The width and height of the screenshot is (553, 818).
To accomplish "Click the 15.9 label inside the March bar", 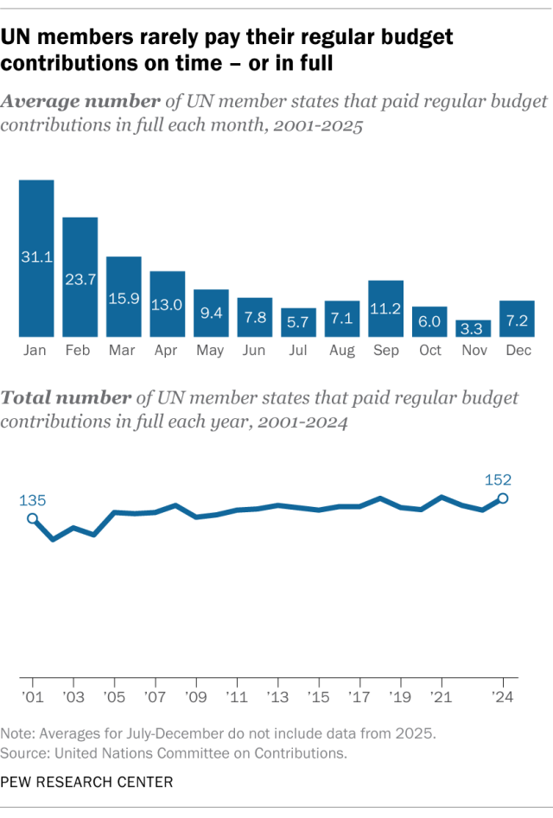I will pyautogui.click(x=124, y=297).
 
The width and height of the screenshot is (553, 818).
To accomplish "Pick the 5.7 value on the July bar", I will pyautogui.click(x=298, y=322).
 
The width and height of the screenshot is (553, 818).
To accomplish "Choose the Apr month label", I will pyautogui.click(x=168, y=351).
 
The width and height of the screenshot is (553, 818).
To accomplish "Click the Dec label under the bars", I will pyautogui.click(x=517, y=351).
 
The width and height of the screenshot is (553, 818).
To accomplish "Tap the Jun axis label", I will pyautogui.click(x=255, y=351).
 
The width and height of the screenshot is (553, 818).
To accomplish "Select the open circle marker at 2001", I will pyautogui.click(x=33, y=519).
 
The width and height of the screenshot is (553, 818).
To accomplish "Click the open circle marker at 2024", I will pyautogui.click(x=503, y=498).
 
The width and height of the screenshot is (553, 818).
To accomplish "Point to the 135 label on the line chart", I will pyautogui.click(x=32, y=500).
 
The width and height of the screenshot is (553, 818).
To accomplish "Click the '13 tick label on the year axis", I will pyautogui.click(x=277, y=696).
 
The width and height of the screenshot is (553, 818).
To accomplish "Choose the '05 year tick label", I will pyautogui.click(x=114, y=696).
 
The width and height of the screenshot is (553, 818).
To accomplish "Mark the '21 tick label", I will pyautogui.click(x=441, y=696).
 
